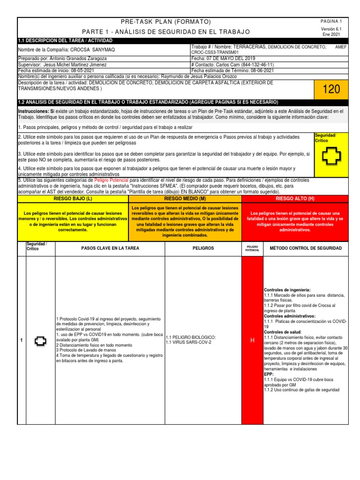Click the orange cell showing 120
(x=331, y=89)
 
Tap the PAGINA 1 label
(x=331, y=22)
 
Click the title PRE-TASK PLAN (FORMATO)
(x=165, y=22)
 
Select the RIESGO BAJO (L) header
(x=73, y=199)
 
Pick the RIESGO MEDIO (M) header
(x=184, y=199)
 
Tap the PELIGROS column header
(x=203, y=248)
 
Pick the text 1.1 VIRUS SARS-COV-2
(x=188, y=343)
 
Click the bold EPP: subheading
(x=269, y=375)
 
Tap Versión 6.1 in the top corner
(x=331, y=29)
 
